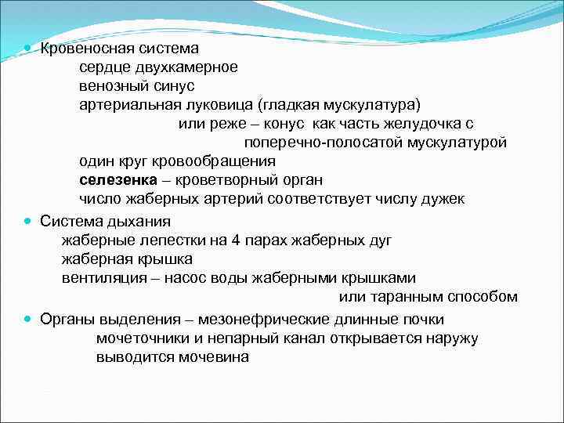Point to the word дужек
[443, 199]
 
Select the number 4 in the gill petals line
[220, 240]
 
